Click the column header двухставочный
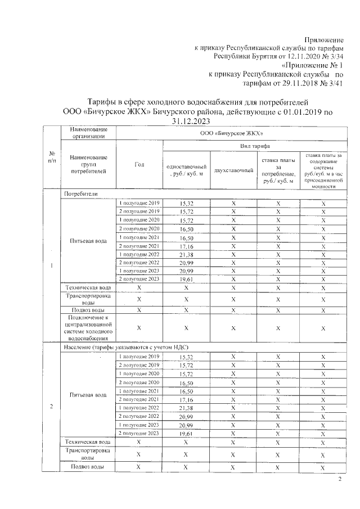[233, 170]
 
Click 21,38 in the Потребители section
[186, 255]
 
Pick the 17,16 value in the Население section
[186, 399]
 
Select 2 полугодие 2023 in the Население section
[139, 434]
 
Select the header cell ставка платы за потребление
[278, 170]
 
